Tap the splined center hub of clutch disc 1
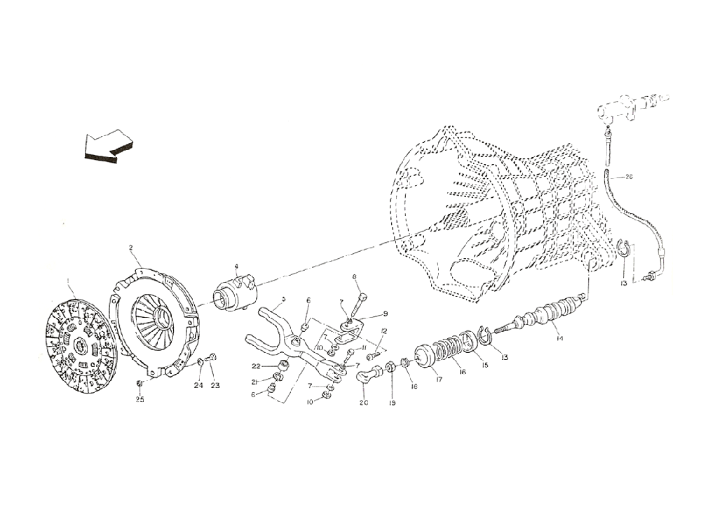[x=79, y=344]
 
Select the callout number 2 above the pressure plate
[x=130, y=247]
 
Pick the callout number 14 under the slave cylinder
[x=559, y=340]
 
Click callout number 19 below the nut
[x=393, y=403]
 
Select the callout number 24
[x=198, y=385]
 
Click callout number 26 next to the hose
[x=629, y=177]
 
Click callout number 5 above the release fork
[x=283, y=299]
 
